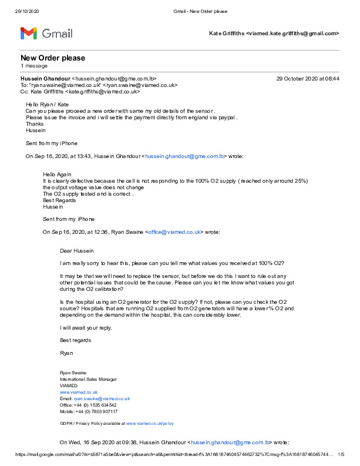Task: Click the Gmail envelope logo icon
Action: [x=29, y=33]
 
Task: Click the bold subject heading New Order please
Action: [x=53, y=58]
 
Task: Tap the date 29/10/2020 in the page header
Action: [x=27, y=11]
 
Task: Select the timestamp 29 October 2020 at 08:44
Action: [x=308, y=78]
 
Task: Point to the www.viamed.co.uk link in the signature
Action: [x=79, y=392]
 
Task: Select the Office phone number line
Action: [x=88, y=405]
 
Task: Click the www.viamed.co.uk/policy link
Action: [x=150, y=423]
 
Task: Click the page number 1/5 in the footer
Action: [x=341, y=454]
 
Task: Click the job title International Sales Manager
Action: [x=88, y=379]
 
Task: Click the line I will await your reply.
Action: [x=86, y=327]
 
